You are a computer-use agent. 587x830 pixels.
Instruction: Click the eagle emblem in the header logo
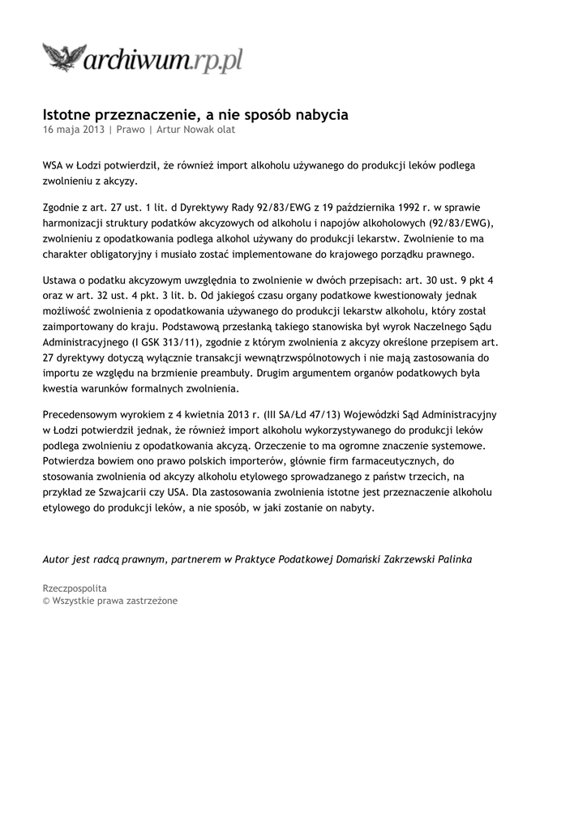64,59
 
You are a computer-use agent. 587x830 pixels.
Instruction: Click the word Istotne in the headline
69,115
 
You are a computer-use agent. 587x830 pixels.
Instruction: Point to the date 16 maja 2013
74,129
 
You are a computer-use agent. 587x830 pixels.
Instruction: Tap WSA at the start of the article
53,165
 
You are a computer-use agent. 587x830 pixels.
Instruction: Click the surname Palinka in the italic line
452,559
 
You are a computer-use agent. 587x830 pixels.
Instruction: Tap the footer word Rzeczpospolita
75,588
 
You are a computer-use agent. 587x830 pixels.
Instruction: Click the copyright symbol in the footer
46,601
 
